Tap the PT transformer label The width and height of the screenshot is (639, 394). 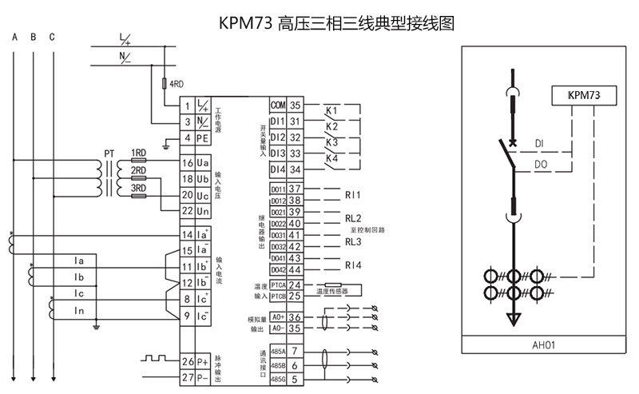(x=109, y=153)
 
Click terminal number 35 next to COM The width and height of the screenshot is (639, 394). (x=296, y=105)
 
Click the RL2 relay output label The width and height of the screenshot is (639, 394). (x=353, y=217)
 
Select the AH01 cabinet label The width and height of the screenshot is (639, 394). (x=543, y=345)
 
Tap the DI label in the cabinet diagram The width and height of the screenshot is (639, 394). (x=540, y=143)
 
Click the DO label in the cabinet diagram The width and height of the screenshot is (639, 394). (x=541, y=165)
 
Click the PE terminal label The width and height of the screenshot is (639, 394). (x=203, y=138)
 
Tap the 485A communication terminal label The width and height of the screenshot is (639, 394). (x=277, y=350)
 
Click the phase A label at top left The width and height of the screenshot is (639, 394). (x=14, y=37)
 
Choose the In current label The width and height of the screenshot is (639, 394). (x=79, y=309)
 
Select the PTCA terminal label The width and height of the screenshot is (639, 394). (x=277, y=285)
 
